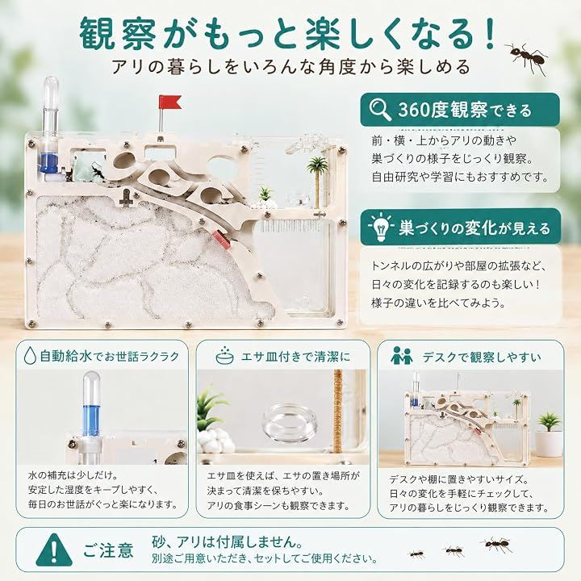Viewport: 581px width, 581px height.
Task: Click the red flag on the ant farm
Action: coord(170,102)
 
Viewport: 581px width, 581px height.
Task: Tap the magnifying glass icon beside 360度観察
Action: coord(380,109)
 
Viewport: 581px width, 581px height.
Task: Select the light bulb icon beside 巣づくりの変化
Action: coord(381,227)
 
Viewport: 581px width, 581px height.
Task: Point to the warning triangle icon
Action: coord(55,550)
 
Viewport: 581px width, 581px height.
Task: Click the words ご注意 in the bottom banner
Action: coord(108,550)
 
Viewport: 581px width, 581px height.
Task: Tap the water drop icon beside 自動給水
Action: coord(30,356)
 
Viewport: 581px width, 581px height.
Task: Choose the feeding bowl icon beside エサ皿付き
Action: coord(224,356)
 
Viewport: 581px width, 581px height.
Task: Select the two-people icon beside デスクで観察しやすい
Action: coord(402,356)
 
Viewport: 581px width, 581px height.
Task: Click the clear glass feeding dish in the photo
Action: coord(290,421)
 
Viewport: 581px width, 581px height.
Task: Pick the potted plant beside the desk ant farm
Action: coord(549,434)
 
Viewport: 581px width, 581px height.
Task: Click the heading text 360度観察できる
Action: coord(465,110)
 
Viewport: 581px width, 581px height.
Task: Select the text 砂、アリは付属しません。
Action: coord(227,541)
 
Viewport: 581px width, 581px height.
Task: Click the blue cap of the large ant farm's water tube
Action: coord(49,163)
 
